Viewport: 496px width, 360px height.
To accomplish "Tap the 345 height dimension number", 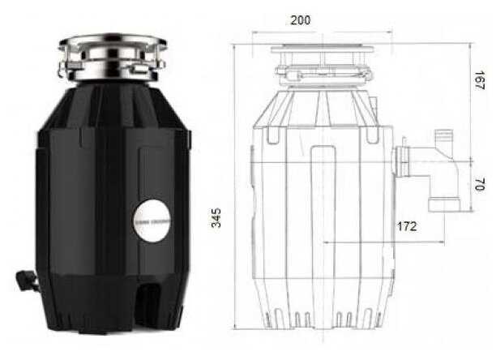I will (x=216, y=217).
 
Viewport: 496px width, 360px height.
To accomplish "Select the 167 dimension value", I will (x=481, y=80).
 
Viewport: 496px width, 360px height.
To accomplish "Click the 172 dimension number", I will (x=408, y=226).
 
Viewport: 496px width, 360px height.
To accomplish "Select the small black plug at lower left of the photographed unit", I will (x=27, y=281).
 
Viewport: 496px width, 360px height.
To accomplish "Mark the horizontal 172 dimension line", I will (x=381, y=241).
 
